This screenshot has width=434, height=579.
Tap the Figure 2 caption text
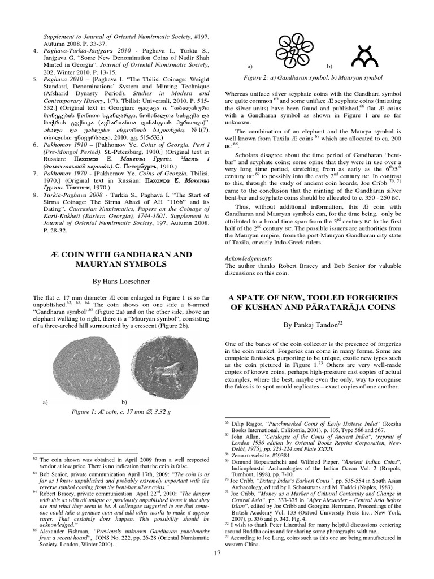(x=322, y=79)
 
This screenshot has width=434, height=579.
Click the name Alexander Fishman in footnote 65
(x=61, y=532)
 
